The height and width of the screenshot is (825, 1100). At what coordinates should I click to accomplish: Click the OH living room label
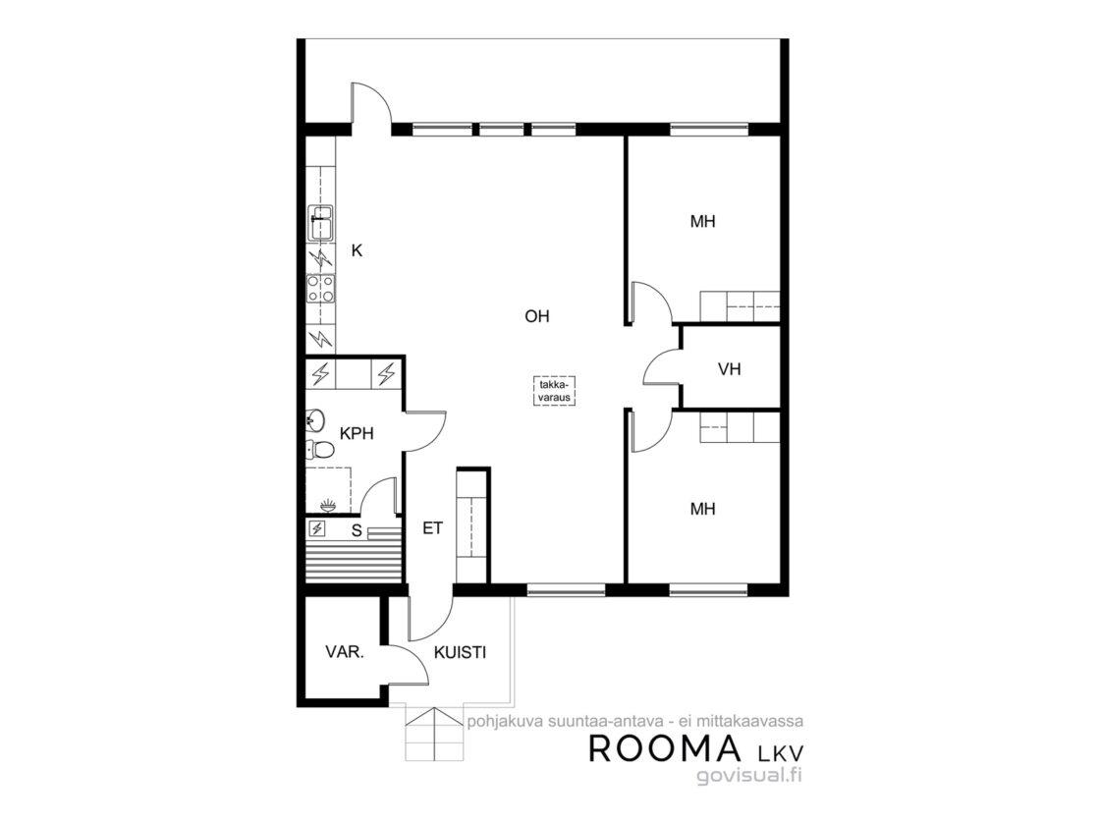click(x=536, y=316)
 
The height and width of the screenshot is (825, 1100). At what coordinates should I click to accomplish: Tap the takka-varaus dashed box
click(x=554, y=391)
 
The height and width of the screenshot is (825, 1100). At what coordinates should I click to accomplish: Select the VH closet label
click(x=730, y=369)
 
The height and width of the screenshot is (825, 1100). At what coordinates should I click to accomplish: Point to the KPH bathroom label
click(x=357, y=433)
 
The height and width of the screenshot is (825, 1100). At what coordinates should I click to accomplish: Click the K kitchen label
click(x=357, y=250)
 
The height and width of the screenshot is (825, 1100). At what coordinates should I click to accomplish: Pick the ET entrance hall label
click(x=433, y=528)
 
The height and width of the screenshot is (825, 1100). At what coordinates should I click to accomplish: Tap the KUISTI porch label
click(x=461, y=652)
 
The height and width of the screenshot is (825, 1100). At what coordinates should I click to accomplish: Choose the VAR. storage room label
click(x=345, y=652)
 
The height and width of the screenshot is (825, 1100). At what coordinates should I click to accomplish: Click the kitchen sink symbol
click(x=320, y=223)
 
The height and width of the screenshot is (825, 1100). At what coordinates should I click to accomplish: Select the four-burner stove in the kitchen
click(x=320, y=289)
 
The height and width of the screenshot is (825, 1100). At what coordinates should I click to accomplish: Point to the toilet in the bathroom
click(x=319, y=447)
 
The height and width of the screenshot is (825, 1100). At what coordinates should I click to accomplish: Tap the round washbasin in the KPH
click(x=315, y=420)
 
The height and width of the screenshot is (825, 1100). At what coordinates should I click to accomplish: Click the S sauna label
click(x=357, y=531)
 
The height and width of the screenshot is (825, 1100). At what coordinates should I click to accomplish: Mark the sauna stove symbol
click(x=318, y=528)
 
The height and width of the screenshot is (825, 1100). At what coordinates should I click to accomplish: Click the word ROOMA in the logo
click(x=664, y=748)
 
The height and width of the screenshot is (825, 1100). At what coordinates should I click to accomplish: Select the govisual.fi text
click(x=749, y=775)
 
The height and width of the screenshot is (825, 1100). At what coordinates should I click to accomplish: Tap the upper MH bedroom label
click(x=703, y=222)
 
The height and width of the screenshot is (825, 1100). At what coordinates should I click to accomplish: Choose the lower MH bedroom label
click(x=703, y=509)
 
